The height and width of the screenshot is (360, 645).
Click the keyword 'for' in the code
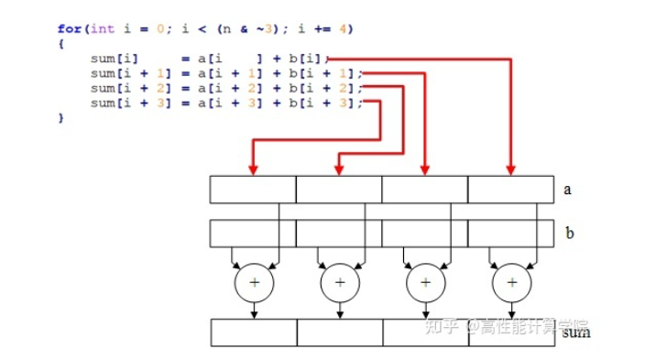pos(69,28)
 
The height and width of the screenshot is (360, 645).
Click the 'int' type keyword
pos(103,28)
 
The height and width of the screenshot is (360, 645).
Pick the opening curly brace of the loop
pos(60,43)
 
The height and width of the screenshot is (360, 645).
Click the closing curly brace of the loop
pos(60,118)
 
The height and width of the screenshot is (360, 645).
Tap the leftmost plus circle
pos(254,283)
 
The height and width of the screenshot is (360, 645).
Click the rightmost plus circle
pos(511,283)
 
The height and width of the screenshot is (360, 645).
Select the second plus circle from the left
pos(340,283)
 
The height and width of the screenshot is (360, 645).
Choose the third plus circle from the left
pos(425,283)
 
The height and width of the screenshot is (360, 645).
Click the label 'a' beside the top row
pos(568,190)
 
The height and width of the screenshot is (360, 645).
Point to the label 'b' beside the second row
pos(569,234)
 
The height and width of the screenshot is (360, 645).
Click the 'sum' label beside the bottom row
pos(576,332)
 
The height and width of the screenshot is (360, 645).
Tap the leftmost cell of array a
pos(253,189)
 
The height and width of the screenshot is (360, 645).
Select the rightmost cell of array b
pos(510,234)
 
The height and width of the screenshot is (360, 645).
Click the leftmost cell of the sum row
pos(253,332)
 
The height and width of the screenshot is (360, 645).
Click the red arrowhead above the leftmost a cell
pos(254,169)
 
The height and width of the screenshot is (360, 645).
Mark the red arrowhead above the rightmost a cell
pos(511,169)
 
